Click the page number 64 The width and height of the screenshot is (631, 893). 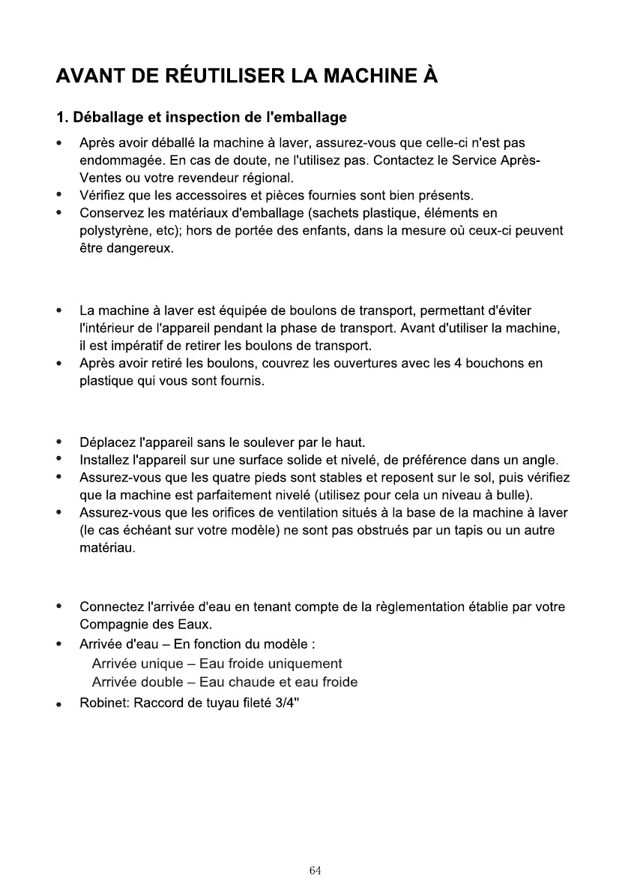pyautogui.click(x=315, y=871)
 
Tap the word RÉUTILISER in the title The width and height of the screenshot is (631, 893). pyautogui.click(x=217, y=76)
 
